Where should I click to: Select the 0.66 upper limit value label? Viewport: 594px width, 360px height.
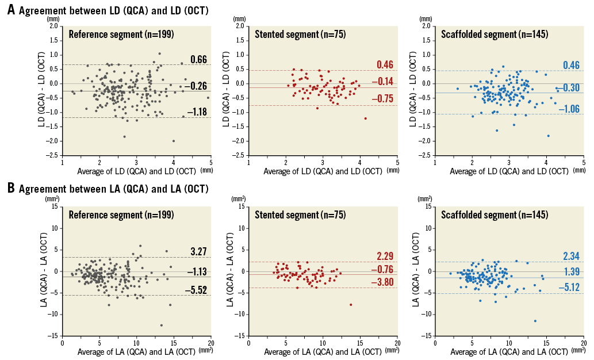point(198,59)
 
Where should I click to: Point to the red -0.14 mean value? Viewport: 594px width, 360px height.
point(384,82)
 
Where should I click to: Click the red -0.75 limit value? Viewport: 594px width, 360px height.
point(384,98)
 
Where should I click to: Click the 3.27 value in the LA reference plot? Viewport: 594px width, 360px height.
point(198,251)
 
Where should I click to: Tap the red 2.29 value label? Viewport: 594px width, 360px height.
point(385,256)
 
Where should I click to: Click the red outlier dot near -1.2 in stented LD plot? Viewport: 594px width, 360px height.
point(365,118)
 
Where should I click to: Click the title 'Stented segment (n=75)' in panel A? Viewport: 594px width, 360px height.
point(300,34)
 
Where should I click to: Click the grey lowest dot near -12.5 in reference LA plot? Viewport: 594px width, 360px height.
point(162,325)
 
